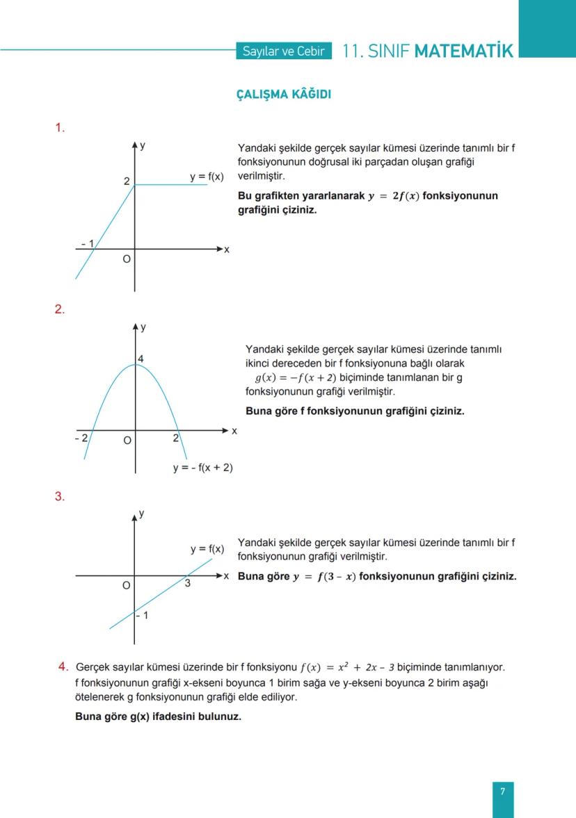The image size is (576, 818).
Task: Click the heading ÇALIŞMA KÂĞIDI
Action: click(x=284, y=95)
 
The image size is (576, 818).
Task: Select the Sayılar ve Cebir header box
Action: click(x=283, y=51)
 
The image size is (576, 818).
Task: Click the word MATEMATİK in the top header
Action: click(x=463, y=51)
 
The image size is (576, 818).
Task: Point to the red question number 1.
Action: click(x=60, y=127)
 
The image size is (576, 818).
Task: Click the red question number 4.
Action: click(x=63, y=666)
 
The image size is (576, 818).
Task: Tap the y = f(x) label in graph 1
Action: click(x=207, y=177)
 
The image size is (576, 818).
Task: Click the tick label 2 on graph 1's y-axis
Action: click(x=127, y=181)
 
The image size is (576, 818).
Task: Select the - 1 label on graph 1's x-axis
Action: click(x=87, y=243)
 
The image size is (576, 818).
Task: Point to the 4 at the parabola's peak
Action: click(x=141, y=359)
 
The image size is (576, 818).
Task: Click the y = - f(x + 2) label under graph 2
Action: click(x=202, y=468)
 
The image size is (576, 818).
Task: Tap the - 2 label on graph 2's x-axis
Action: click(x=81, y=439)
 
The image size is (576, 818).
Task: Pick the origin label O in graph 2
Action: click(x=127, y=441)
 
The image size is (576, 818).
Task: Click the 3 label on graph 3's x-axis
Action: click(x=188, y=584)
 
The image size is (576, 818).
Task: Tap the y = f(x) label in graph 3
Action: click(x=207, y=549)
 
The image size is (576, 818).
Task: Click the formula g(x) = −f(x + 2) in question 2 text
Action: click(x=296, y=377)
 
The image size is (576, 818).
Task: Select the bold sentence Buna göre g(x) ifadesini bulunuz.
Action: click(x=158, y=717)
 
